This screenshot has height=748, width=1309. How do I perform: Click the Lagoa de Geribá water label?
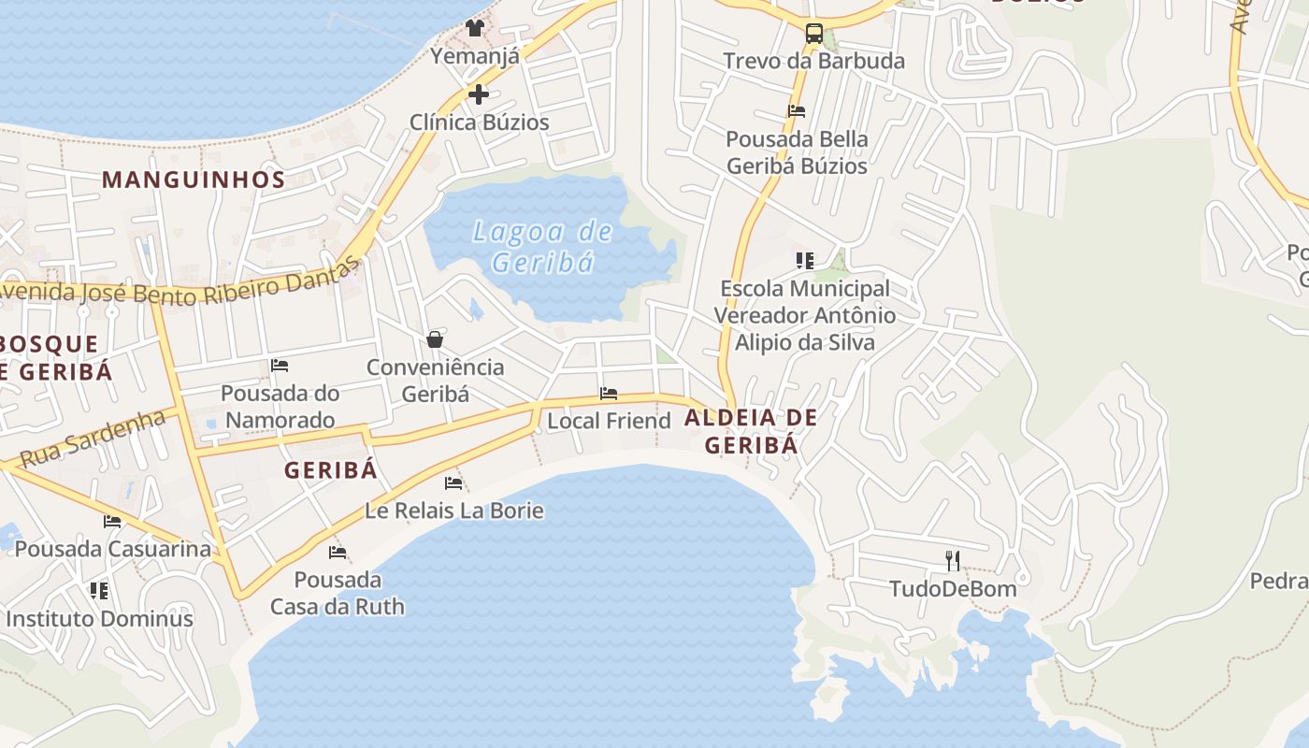[x=542, y=247]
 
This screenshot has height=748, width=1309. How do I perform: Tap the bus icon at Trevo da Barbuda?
[x=814, y=35]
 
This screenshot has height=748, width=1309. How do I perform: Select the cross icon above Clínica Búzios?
[x=479, y=94]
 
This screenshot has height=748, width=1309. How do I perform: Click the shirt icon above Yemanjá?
[x=475, y=28]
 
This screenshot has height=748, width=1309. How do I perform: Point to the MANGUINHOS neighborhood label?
[x=194, y=180]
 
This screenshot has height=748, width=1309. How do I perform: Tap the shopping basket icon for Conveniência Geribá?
[x=435, y=338]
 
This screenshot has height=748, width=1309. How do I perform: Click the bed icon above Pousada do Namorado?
[x=280, y=365]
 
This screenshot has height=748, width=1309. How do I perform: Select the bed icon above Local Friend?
[x=609, y=394]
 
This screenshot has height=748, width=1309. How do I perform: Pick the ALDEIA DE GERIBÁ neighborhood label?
[x=751, y=431]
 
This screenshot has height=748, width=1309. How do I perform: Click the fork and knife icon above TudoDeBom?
[x=953, y=561]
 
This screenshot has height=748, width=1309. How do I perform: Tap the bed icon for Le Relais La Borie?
[x=453, y=483]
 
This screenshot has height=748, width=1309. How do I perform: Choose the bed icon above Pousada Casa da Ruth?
[x=338, y=553]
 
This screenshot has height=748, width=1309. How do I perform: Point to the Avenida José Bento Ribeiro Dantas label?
[x=178, y=285]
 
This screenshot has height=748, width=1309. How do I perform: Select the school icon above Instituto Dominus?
[x=99, y=591]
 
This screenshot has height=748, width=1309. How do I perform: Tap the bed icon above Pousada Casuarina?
[x=113, y=522]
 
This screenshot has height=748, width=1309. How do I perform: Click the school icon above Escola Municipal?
[x=804, y=261]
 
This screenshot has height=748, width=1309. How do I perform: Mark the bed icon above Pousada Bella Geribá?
[x=797, y=111]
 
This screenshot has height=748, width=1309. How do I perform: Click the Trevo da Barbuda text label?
[x=813, y=62]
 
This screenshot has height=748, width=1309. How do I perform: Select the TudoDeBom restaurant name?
[x=952, y=589]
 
